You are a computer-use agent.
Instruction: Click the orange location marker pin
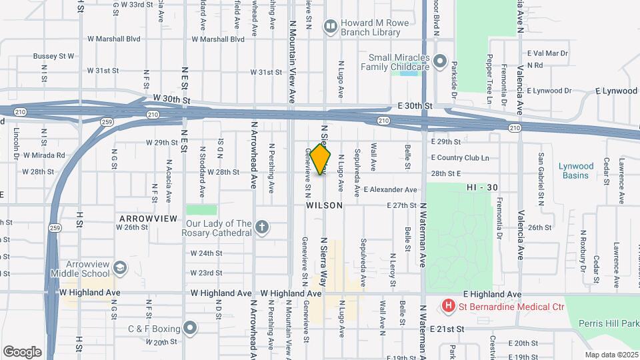point(321,159)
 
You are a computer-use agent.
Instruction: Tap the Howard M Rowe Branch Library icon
point(330,27)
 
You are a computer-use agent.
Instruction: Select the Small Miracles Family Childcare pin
point(439,62)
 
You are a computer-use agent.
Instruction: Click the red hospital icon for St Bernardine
point(449,307)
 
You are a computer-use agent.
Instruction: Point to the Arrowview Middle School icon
point(120,268)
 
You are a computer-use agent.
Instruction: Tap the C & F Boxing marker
point(191,328)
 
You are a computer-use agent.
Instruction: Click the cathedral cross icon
point(262,227)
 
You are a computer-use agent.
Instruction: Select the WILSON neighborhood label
point(325,206)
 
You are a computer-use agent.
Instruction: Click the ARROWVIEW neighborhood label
point(147,218)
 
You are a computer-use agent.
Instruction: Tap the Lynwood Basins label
point(575,171)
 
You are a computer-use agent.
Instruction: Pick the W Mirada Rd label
point(44,155)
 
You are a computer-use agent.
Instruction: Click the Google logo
point(23,351)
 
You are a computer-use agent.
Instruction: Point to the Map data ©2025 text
point(611,355)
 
